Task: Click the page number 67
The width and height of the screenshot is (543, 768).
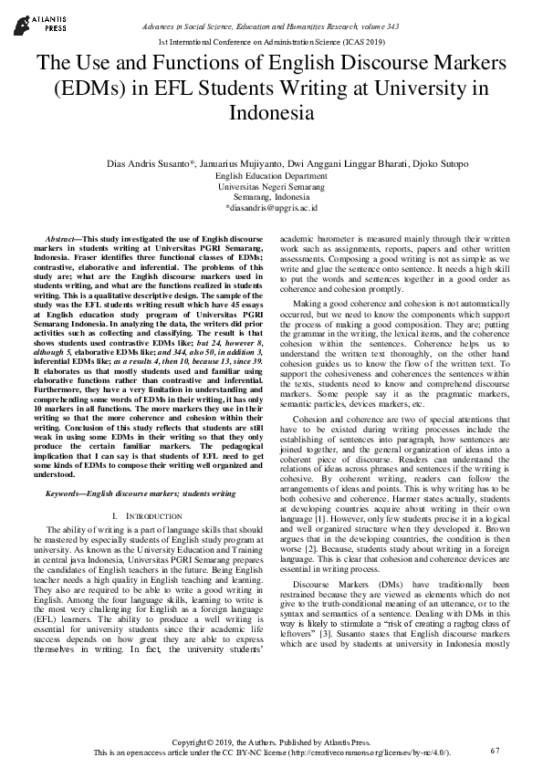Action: coord(496,751)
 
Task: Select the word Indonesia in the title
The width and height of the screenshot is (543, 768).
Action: coord(271,114)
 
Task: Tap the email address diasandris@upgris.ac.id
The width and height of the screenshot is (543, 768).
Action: coord(271,208)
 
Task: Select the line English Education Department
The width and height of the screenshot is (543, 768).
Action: coord(271,175)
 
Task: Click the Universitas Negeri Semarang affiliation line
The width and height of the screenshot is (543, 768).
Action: coord(271,186)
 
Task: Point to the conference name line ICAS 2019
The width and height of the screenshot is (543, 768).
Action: coord(271,43)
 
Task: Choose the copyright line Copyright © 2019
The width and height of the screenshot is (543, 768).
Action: coord(271,742)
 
